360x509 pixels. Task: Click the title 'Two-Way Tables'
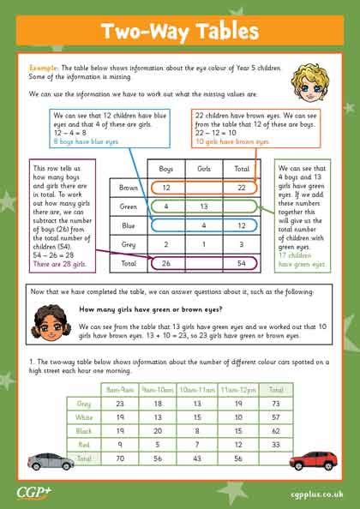(x=180, y=32)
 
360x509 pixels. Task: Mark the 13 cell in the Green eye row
(x=204, y=207)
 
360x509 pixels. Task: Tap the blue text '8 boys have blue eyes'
(x=81, y=140)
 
